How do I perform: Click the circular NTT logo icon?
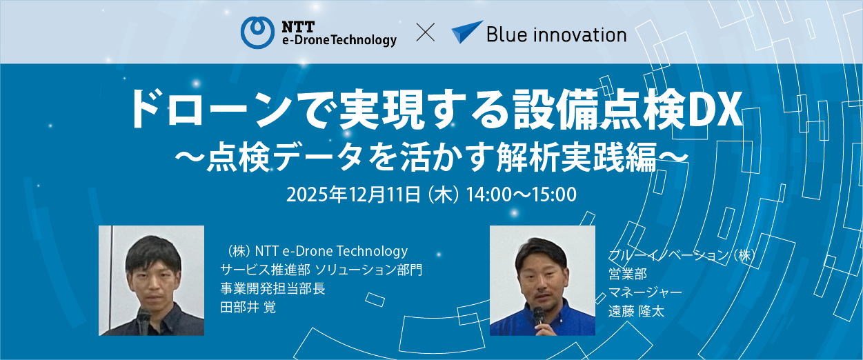pos(257,32)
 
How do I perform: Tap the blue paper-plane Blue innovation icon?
pos(467,32)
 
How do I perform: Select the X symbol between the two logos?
pos(426,32)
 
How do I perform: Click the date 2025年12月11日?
pos(353,194)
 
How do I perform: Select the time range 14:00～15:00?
pos(522,194)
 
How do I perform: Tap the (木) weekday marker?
pos(444,194)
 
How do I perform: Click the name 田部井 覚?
pos(248,308)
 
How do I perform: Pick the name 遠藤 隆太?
pos(637,311)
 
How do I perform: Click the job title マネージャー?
pos(645,292)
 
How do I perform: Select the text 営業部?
pos(628,274)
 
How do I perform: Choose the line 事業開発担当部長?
pos(272,288)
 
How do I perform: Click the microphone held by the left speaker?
pos(143,321)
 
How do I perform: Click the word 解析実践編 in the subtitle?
pos(577,157)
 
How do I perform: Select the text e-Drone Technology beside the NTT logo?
pos(339,40)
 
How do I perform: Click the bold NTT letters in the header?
pos(298,27)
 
